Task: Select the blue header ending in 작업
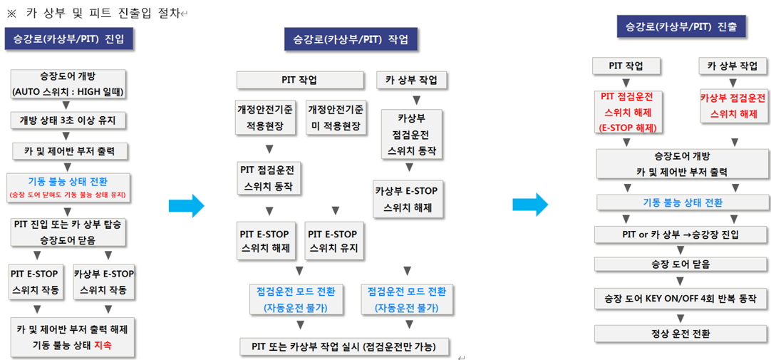pyautogui.click(x=351, y=40)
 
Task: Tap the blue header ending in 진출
pyautogui.click(x=681, y=27)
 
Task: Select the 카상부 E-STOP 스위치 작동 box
pyautogui.click(x=104, y=282)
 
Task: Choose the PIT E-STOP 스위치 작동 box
pyautogui.click(x=34, y=282)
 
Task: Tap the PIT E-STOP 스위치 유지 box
pyautogui.click(x=336, y=242)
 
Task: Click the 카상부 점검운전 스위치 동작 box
pyautogui.click(x=412, y=134)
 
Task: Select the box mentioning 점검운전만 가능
pyautogui.click(x=345, y=346)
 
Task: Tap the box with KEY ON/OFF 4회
pyautogui.click(x=681, y=299)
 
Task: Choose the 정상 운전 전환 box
pyautogui.click(x=681, y=334)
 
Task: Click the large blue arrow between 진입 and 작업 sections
pyautogui.click(x=187, y=205)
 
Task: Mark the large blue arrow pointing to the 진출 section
pyautogui.click(x=531, y=204)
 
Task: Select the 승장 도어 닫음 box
pyautogui.click(x=681, y=264)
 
